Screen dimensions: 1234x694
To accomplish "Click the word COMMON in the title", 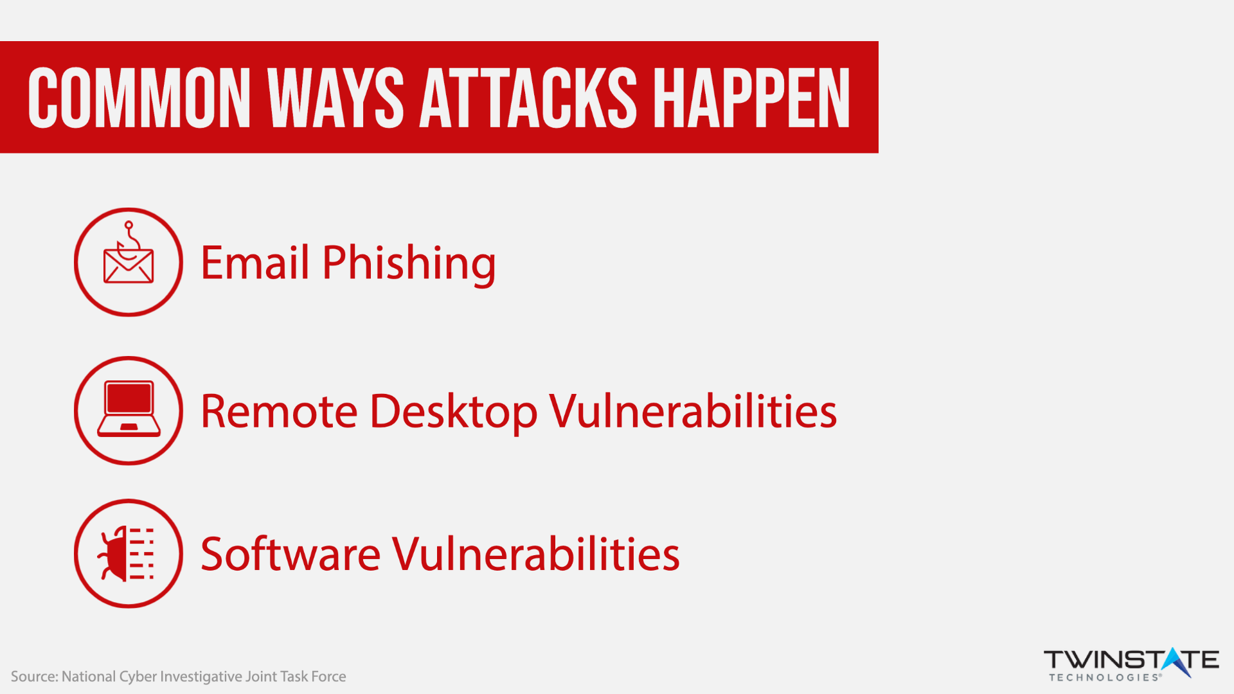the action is pyautogui.click(x=139, y=98).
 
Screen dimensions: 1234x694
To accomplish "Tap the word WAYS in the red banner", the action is pyautogui.click(x=335, y=98).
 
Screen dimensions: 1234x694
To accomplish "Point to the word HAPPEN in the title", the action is pyautogui.click(x=751, y=98).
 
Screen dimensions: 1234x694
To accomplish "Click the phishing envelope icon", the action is pyautogui.click(x=129, y=253).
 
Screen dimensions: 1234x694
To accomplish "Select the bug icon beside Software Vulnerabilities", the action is pyautogui.click(x=126, y=553).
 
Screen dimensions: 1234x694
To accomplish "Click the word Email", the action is pyautogui.click(x=255, y=262).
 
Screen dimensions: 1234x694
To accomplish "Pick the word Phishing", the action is pyautogui.click(x=409, y=263).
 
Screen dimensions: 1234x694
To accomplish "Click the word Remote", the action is pyautogui.click(x=279, y=411).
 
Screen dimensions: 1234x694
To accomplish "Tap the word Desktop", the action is pyautogui.click(x=454, y=413).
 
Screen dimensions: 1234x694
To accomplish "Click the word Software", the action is pyautogui.click(x=291, y=553).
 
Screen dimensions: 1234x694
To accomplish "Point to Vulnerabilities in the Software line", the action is pyautogui.click(x=536, y=553).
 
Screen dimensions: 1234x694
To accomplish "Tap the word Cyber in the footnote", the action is pyautogui.click(x=138, y=677).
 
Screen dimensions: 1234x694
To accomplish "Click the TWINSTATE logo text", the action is pyautogui.click(x=1131, y=660).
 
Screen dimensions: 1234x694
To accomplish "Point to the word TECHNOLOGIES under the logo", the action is pyautogui.click(x=1105, y=677).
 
